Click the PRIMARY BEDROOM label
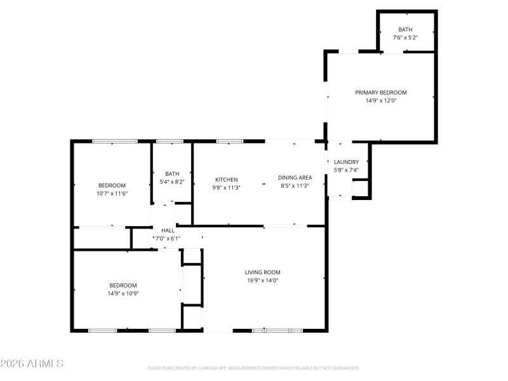pyautogui.click(x=380, y=92)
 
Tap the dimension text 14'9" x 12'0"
pyautogui.click(x=380, y=100)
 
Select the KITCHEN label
pyautogui.click(x=226, y=179)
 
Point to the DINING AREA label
pyautogui.click(x=295, y=178)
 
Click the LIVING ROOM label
pyautogui.click(x=262, y=272)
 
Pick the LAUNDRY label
pyautogui.click(x=346, y=162)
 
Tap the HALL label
pyautogui.click(x=168, y=231)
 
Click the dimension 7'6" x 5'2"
pyautogui.click(x=405, y=38)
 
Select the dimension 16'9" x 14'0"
pyautogui.click(x=262, y=280)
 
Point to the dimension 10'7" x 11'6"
pyautogui.click(x=112, y=193)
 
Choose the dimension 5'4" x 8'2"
pyautogui.click(x=172, y=182)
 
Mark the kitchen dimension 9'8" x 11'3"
pyautogui.click(x=226, y=187)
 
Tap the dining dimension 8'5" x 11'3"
pyautogui.click(x=295, y=186)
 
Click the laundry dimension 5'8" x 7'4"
pyautogui.click(x=346, y=170)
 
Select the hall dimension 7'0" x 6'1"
pyautogui.click(x=167, y=239)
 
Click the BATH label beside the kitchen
pyautogui.click(x=172, y=174)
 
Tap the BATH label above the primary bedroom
pyautogui.click(x=405, y=30)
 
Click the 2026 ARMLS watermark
pyautogui.click(x=32, y=364)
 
